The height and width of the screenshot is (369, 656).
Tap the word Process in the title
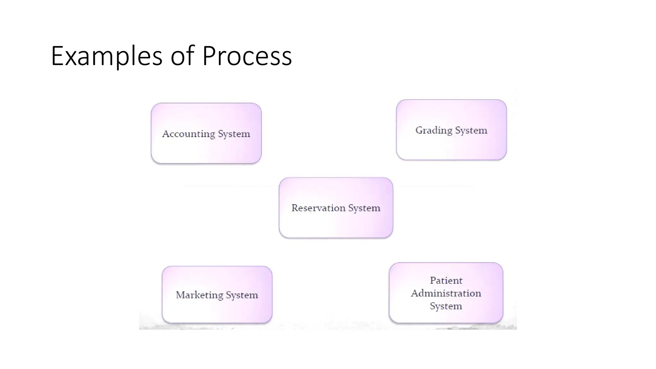[x=247, y=56]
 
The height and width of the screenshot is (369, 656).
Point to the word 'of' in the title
[x=182, y=56]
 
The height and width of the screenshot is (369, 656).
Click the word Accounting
[x=188, y=134]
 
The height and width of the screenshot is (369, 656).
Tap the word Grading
[x=434, y=130]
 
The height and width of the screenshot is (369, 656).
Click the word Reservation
[x=318, y=208]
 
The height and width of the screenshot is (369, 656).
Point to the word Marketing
[x=199, y=295]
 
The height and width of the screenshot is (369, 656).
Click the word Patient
[x=446, y=281]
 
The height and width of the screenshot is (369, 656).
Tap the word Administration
[x=446, y=293]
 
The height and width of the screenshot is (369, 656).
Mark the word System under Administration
[x=446, y=306]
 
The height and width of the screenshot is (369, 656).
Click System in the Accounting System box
[x=234, y=134]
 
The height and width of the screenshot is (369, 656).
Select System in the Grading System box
[x=471, y=130]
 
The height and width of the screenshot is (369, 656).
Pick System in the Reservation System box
[x=364, y=208]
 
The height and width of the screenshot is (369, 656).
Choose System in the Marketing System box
[x=242, y=295]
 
